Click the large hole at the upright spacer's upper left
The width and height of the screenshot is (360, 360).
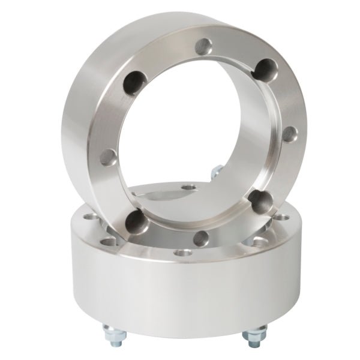click(x=134, y=82)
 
